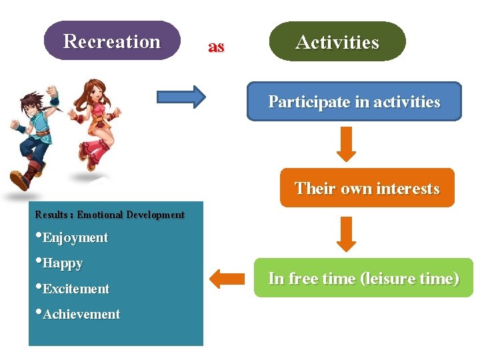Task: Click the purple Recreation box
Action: pos(112,41)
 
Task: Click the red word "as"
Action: pos(216,47)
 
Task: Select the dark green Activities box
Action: pos(337,42)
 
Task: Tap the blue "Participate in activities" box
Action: pos(354,102)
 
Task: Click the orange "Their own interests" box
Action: pos(367,188)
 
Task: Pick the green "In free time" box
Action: pos(363,278)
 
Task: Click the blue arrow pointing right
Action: pos(181,96)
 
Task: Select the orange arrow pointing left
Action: pos(226,279)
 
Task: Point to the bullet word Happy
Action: pos(63,263)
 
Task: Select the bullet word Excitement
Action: pos(75,289)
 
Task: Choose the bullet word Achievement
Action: pos(81,314)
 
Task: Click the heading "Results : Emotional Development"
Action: pos(109,215)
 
